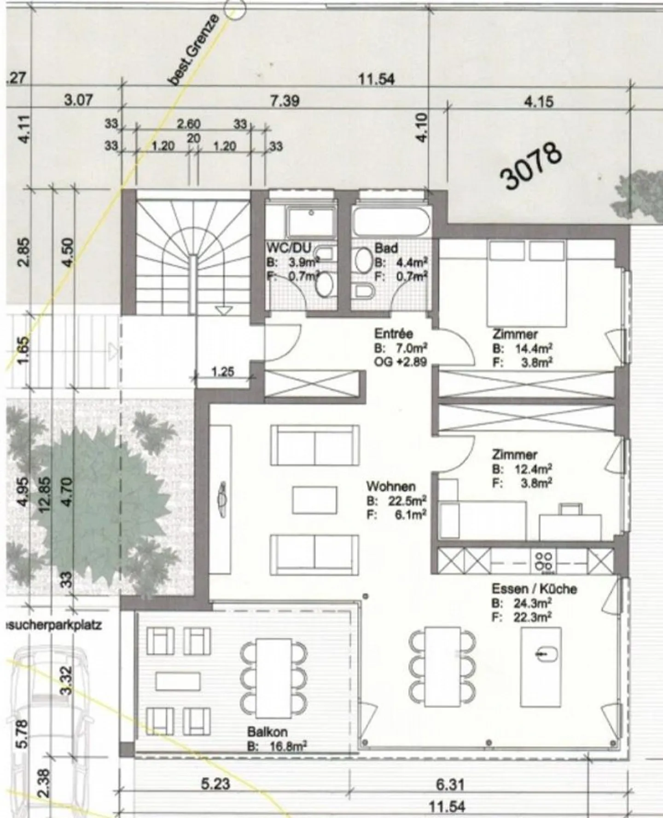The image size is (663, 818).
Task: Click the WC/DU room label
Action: coord(289,248)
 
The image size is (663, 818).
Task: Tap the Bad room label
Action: coord(386,248)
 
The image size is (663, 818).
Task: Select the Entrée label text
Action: coord(393,333)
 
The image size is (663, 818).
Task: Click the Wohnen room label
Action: coord(391,486)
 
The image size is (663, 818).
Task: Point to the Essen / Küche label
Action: coord(534,589)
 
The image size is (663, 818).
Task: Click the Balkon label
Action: coord(267,732)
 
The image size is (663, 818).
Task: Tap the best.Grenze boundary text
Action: coord(193,51)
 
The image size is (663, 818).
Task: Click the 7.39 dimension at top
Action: coord(284,101)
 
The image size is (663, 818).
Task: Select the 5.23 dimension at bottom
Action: coord(215,784)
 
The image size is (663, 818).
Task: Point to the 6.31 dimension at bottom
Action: coord(450,784)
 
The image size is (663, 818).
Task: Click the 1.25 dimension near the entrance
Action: coord(223,371)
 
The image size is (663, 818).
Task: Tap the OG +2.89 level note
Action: coord(401,362)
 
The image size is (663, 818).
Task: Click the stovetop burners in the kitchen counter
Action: coord(543,561)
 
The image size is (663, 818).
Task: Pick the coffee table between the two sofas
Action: coord(314,500)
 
